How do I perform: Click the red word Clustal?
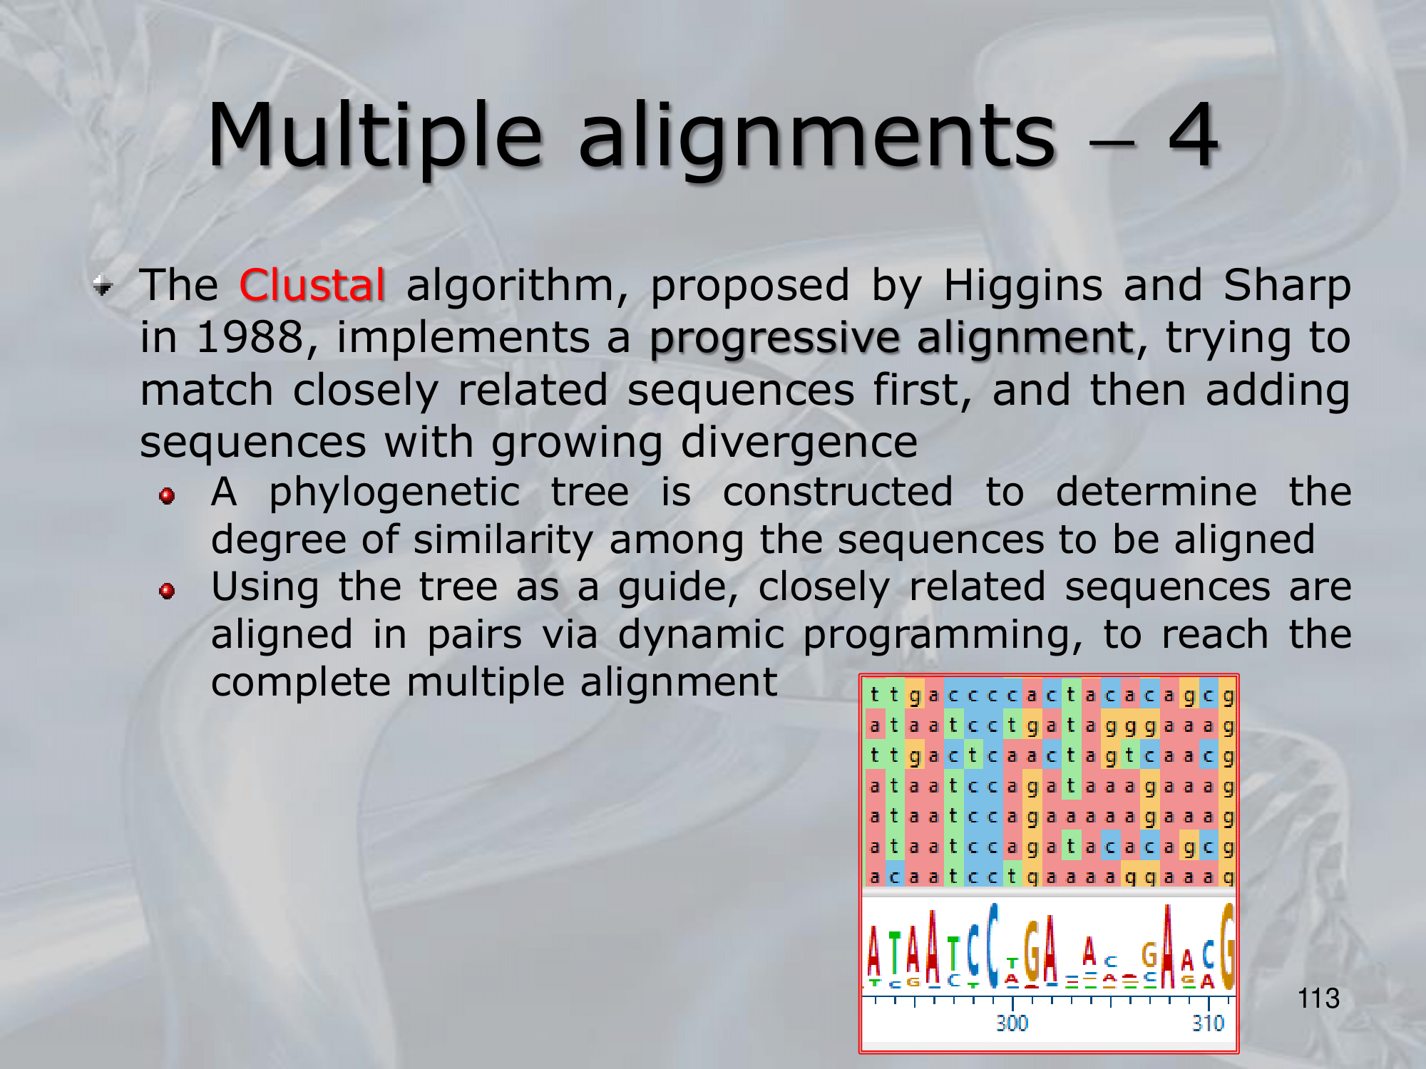tap(312, 286)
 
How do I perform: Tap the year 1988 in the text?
tap(250, 337)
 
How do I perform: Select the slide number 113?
tap(1318, 998)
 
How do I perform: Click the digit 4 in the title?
tap(1193, 134)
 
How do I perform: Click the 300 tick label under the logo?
tap(1012, 1023)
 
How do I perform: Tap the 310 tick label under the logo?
tap(1208, 1023)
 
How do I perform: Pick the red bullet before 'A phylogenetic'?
tap(168, 495)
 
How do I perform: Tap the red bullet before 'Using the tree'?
tap(168, 591)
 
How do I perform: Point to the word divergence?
tap(799, 443)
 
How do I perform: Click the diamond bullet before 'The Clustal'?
tap(103, 286)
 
